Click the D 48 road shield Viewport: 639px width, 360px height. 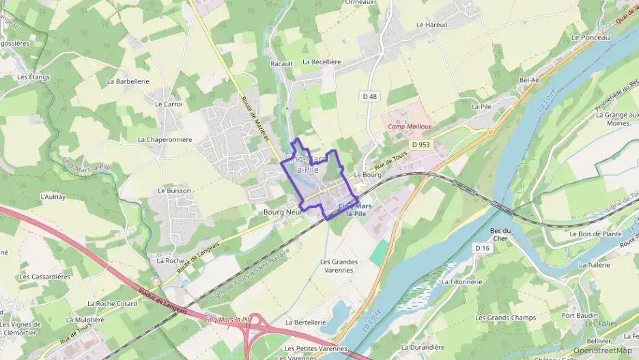369,96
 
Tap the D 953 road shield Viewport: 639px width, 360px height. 421,145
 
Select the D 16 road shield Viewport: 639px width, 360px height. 483,248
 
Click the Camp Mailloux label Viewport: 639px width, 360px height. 410,126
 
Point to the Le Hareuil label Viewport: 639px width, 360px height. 431,25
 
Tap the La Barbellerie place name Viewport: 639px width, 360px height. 128,81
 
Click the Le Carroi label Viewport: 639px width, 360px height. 169,105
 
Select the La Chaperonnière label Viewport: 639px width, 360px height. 165,139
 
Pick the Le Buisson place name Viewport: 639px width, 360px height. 174,191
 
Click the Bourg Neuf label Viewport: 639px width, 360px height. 283,212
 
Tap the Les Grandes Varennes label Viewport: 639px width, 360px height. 339,266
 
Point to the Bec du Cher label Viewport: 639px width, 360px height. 500,234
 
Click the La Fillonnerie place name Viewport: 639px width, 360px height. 462,281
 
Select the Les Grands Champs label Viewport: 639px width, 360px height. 506,318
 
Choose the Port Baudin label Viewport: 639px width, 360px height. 580,316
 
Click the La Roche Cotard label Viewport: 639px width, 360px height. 112,303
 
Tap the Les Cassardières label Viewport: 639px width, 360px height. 45,277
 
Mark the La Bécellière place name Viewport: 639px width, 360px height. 321,61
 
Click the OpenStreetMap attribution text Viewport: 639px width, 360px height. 603,350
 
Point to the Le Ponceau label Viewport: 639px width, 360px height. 591,38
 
